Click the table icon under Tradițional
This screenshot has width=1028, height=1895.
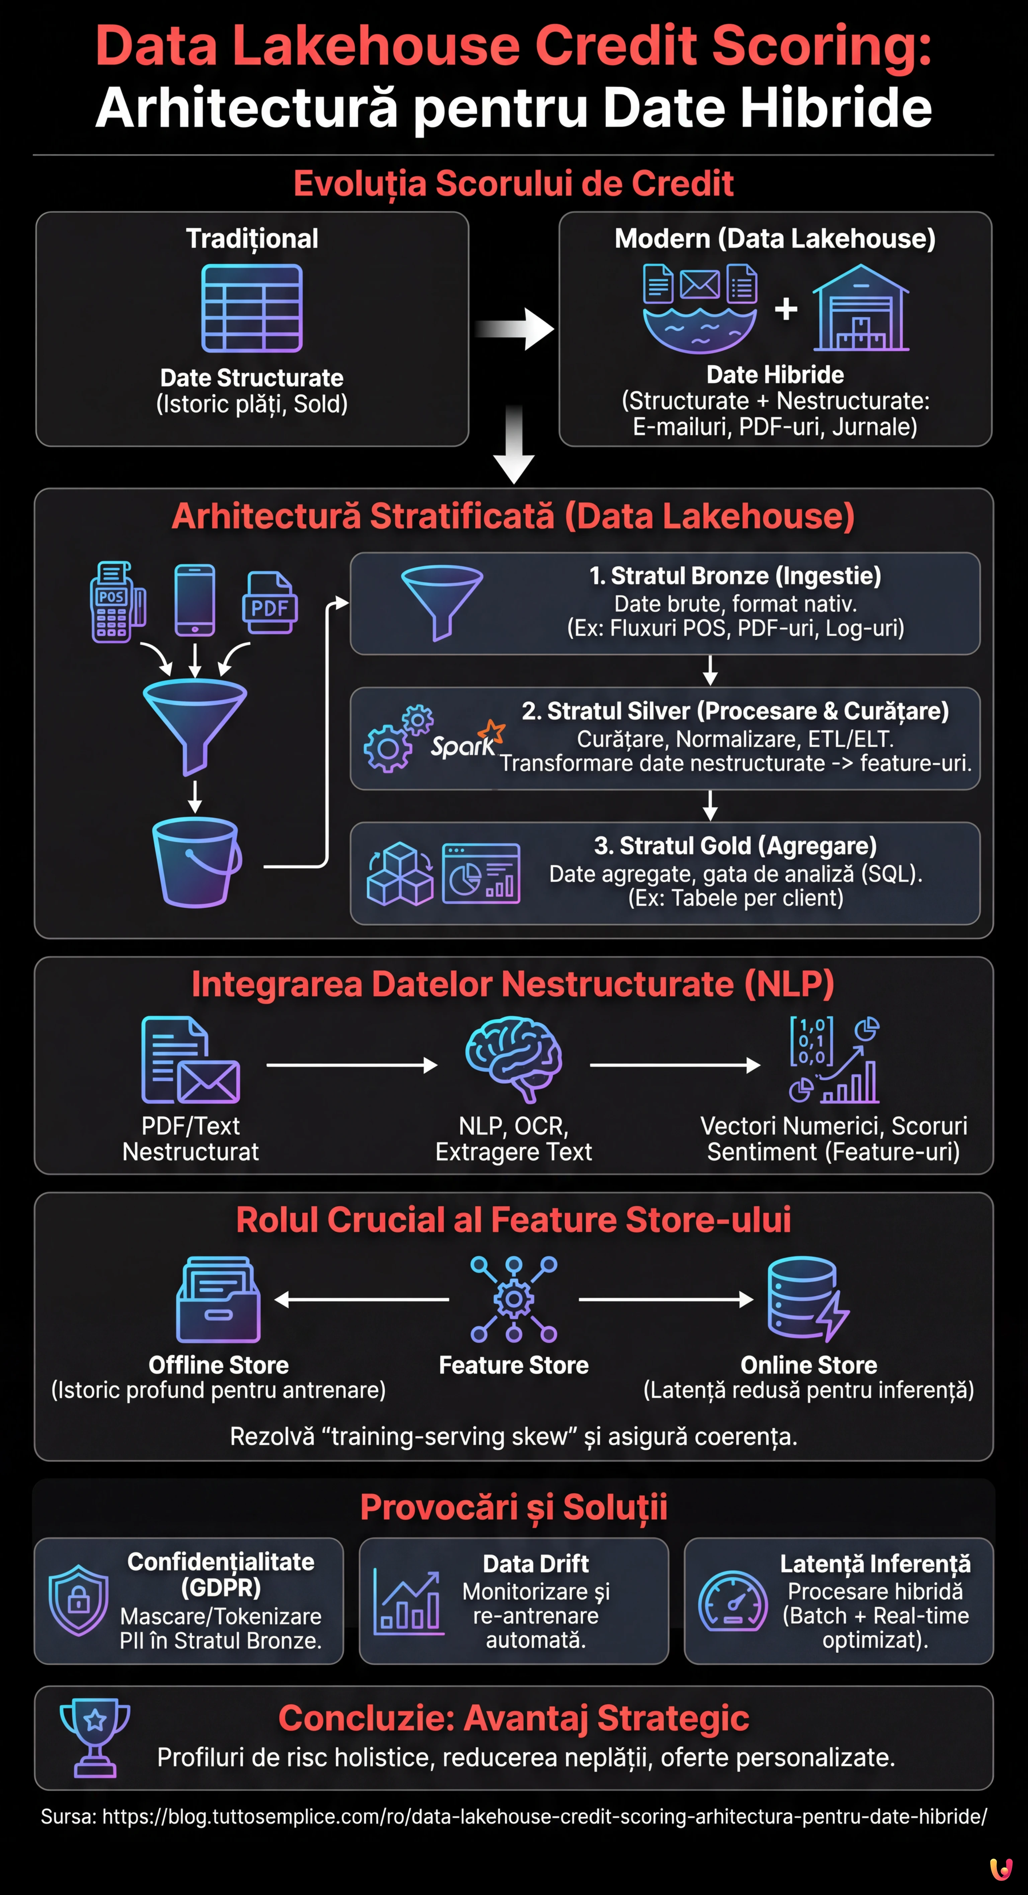(252, 308)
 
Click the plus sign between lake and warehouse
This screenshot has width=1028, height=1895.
(785, 309)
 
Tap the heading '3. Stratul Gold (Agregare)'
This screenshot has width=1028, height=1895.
(735, 846)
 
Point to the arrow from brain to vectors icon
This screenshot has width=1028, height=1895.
(674, 1065)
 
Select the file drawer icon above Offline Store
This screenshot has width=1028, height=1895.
(219, 1300)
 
